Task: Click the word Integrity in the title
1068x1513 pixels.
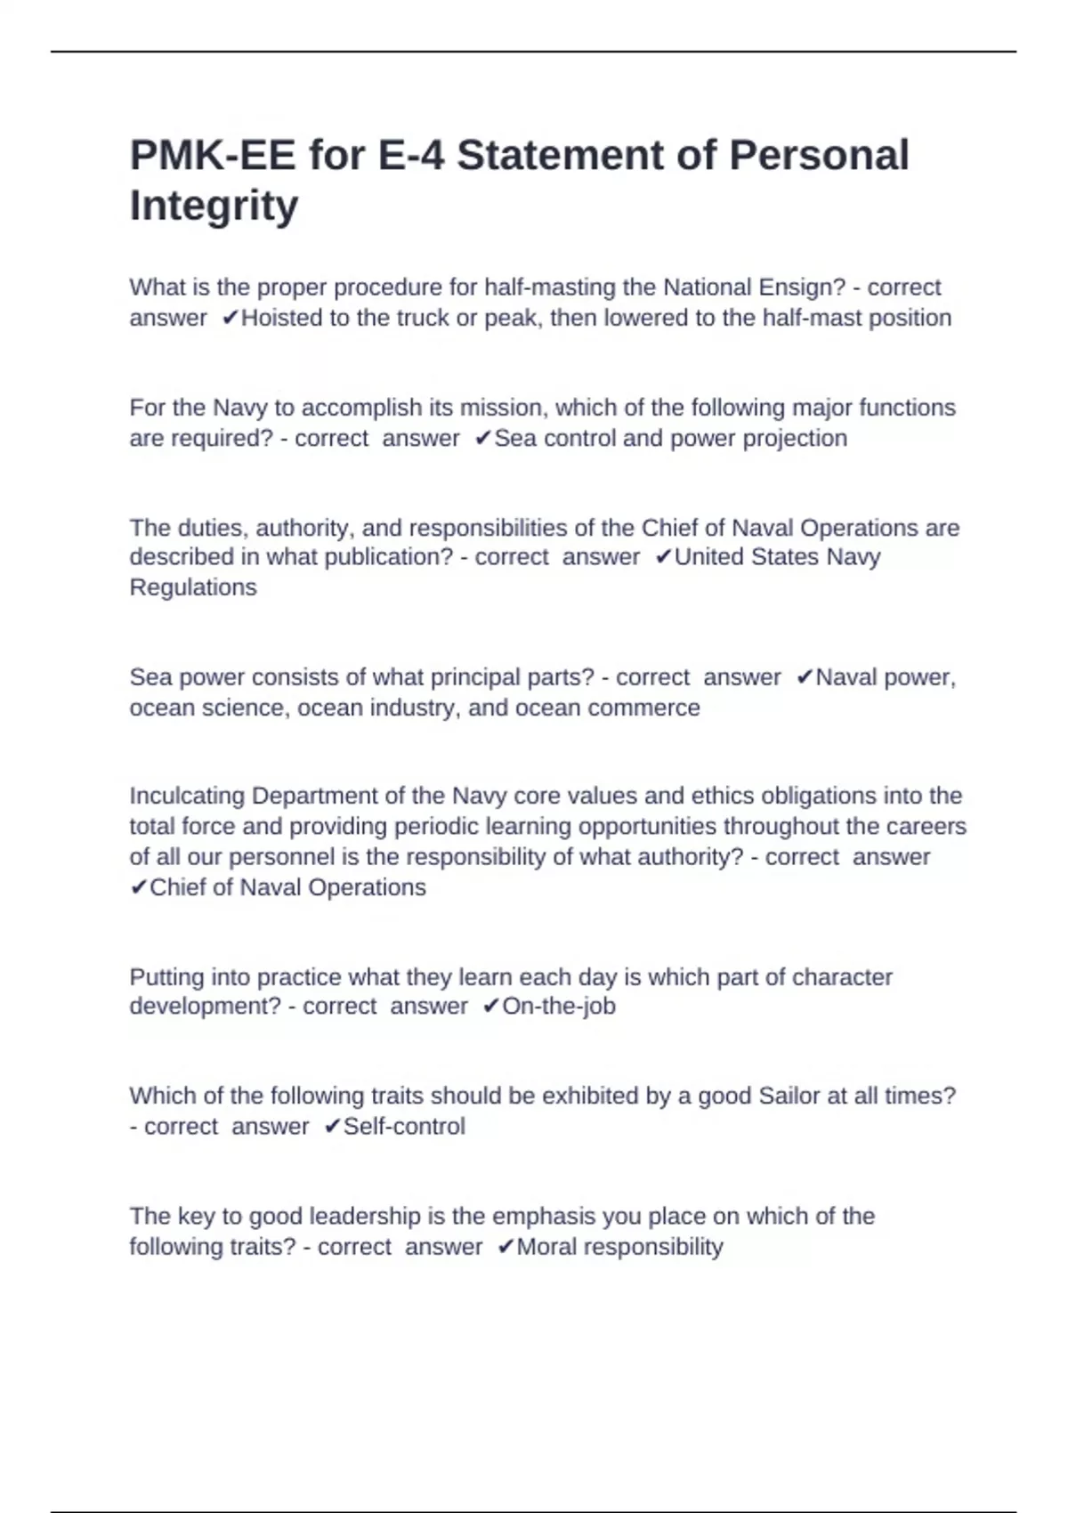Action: pos(214,206)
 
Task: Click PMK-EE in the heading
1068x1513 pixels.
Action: pos(212,156)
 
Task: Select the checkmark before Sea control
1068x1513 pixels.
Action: pos(483,438)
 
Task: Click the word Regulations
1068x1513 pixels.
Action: pos(193,587)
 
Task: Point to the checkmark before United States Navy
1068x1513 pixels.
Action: pos(663,557)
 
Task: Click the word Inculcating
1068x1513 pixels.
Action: pos(187,796)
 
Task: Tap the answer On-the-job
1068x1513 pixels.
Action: pos(559,1007)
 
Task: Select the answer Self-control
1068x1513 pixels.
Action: pos(404,1127)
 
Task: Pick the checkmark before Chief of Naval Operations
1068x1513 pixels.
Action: pos(139,887)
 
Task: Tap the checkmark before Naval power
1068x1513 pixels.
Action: pos(805,677)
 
